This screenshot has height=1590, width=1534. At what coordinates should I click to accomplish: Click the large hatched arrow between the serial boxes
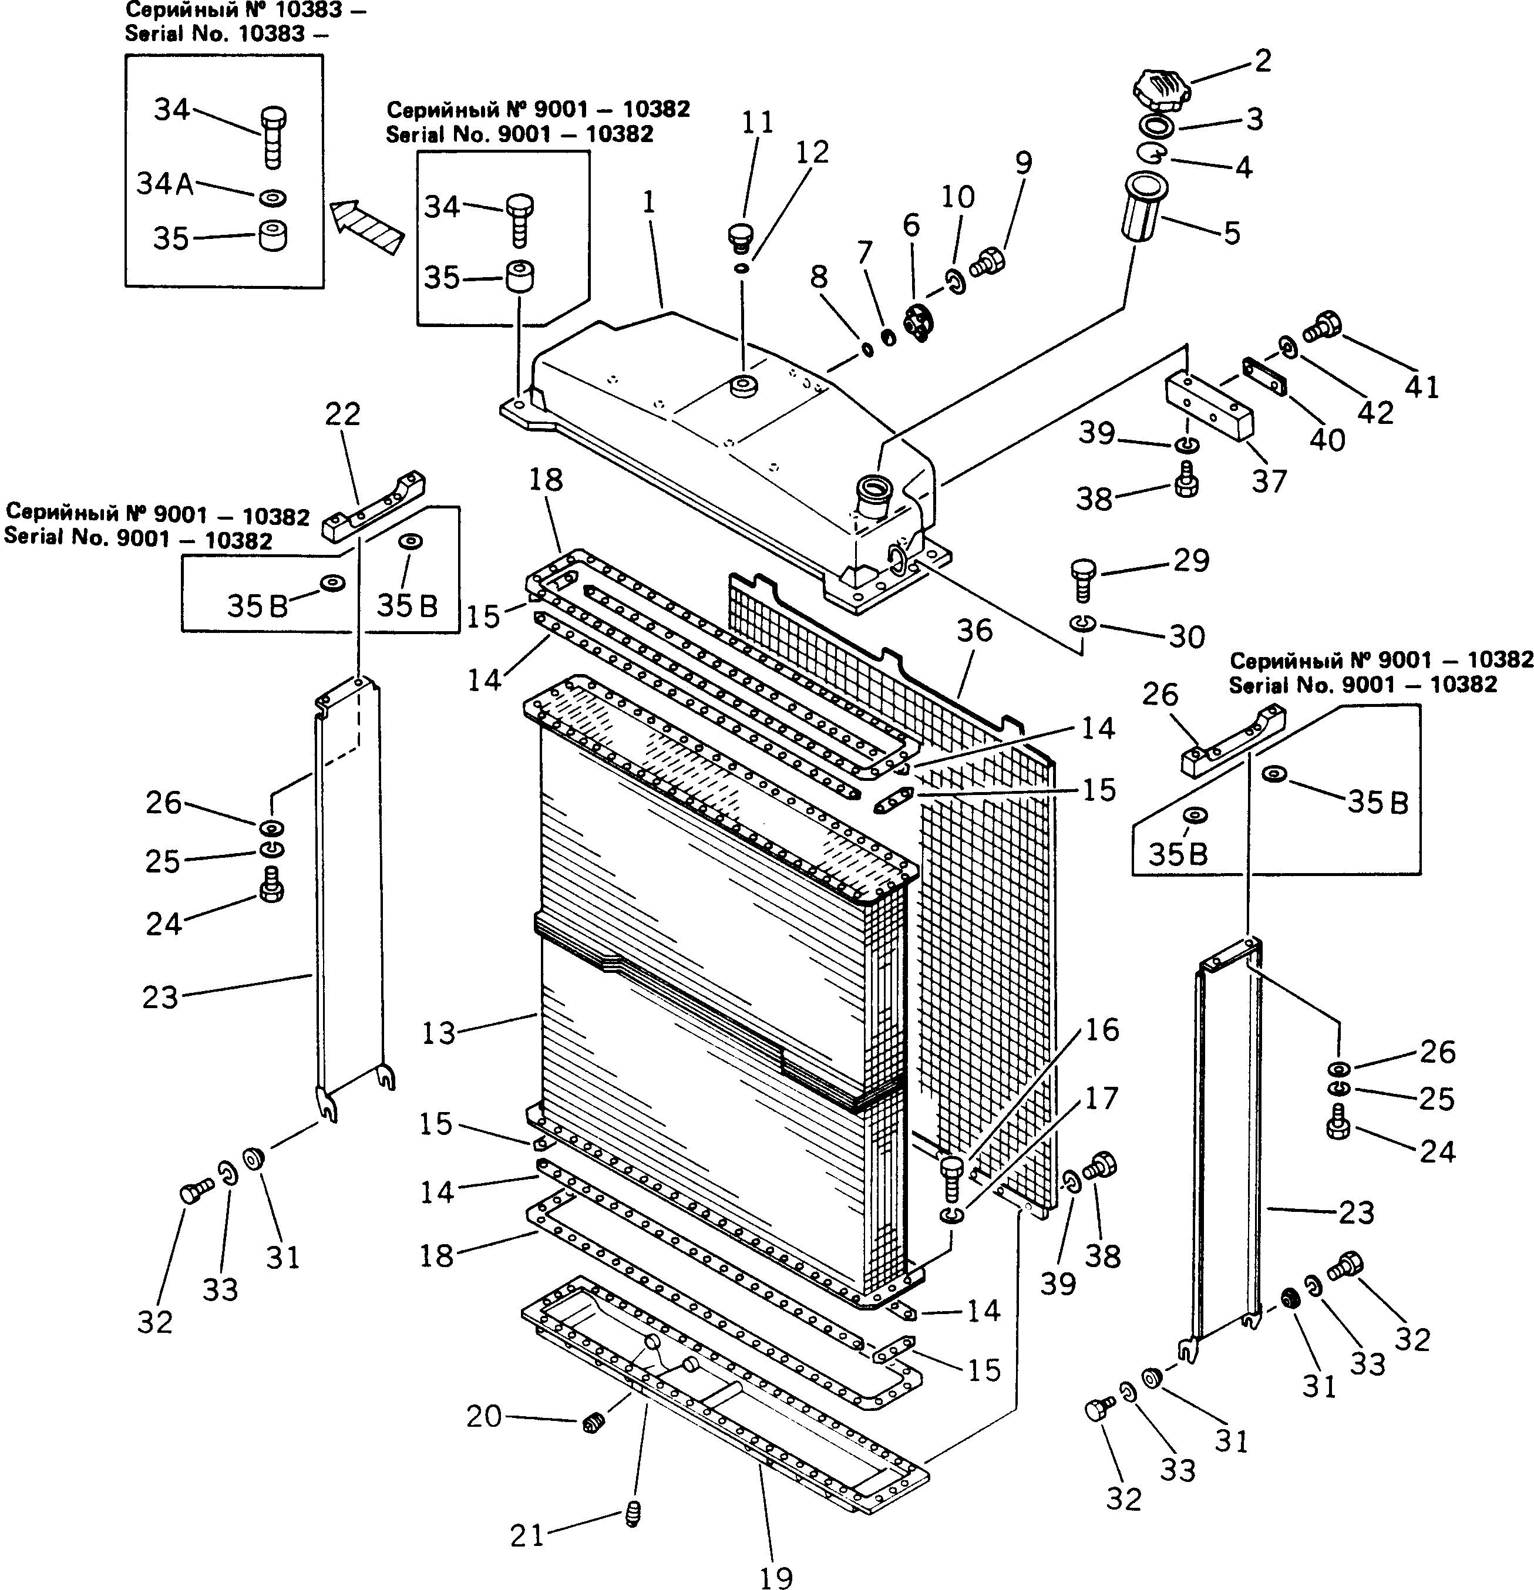pos(366,227)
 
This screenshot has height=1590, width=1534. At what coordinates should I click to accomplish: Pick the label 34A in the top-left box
pos(164,184)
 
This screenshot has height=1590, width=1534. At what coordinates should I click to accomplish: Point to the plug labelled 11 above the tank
pos(738,236)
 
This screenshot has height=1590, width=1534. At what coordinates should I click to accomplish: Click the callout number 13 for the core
pos(439,1033)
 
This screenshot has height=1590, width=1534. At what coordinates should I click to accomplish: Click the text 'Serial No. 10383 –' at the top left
pos(215,33)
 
